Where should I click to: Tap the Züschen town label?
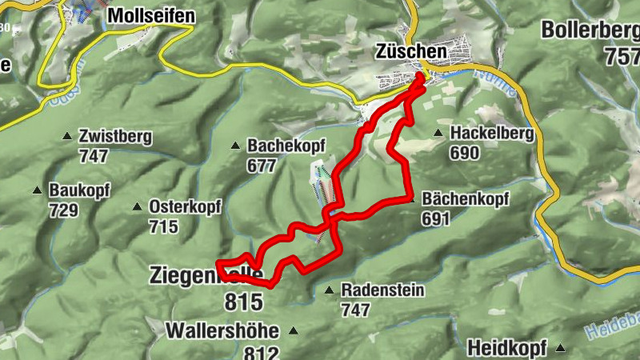click(x=410, y=51)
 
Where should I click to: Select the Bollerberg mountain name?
click(x=590, y=30)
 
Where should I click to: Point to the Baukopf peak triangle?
click(x=36, y=190)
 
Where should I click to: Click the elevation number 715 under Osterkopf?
click(x=162, y=226)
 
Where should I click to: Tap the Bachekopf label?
click(x=284, y=147)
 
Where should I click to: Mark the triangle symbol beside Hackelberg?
click(x=438, y=134)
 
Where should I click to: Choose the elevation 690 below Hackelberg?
click(x=464, y=153)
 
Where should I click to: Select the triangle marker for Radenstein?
click(x=329, y=290)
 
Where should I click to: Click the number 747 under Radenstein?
click(x=355, y=309)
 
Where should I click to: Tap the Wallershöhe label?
click(x=222, y=330)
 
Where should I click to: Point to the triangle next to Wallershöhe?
click(x=294, y=330)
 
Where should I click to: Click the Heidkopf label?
click(x=506, y=349)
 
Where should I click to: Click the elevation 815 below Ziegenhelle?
click(x=245, y=302)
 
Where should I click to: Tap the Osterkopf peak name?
click(x=186, y=206)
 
